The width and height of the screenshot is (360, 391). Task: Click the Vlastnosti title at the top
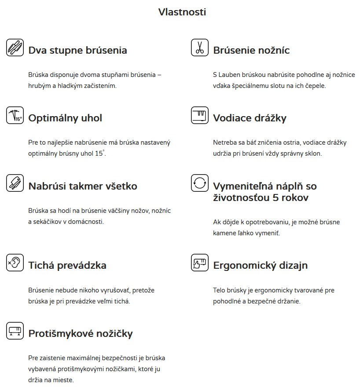(182, 12)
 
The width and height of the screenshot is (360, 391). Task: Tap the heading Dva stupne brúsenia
(77, 50)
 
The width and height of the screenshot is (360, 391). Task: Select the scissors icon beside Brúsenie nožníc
(200, 48)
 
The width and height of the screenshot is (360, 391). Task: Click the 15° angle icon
(15, 115)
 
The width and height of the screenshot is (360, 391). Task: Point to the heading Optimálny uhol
(65, 118)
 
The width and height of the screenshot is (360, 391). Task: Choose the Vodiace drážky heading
(250, 118)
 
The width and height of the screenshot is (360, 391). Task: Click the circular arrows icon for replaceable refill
(200, 183)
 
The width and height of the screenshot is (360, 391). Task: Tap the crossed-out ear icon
(15, 263)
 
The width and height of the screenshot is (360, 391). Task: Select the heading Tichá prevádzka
(67, 265)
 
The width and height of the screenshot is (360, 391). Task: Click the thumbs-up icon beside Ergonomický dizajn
(200, 263)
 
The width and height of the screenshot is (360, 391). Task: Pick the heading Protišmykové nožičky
(81, 333)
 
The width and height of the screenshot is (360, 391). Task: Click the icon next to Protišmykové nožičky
(15, 331)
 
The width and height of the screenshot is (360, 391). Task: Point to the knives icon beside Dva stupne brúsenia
(15, 48)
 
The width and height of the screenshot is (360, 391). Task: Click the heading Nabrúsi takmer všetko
(83, 186)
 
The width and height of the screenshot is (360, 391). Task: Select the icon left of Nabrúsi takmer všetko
(15, 183)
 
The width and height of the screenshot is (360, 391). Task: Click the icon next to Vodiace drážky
(200, 115)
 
